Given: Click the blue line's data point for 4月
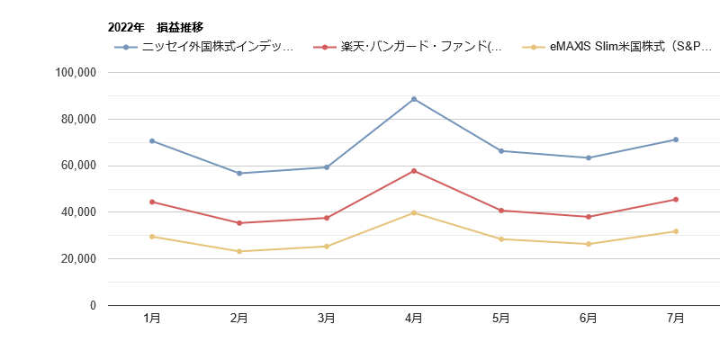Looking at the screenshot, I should [x=414, y=98].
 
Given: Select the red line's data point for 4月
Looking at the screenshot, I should [x=414, y=171].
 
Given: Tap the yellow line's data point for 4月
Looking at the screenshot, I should [x=414, y=212].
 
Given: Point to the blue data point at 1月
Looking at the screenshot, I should [x=152, y=140].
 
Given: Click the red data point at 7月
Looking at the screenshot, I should [x=675, y=199].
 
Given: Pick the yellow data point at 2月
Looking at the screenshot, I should [x=239, y=251].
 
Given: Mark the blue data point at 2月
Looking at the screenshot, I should [x=239, y=173].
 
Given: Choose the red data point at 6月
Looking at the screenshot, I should [x=588, y=217].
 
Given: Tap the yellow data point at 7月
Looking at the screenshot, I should [x=675, y=231].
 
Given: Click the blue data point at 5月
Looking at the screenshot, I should [x=501, y=151].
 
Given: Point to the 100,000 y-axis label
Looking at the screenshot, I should [x=76, y=72].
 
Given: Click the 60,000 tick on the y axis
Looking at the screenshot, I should [x=80, y=166].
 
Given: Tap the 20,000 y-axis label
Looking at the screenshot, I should [x=80, y=258].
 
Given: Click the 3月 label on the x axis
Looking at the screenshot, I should [x=327, y=319].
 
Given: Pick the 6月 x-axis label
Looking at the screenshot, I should [x=588, y=319].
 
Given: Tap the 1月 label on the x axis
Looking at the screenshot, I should [x=152, y=319].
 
